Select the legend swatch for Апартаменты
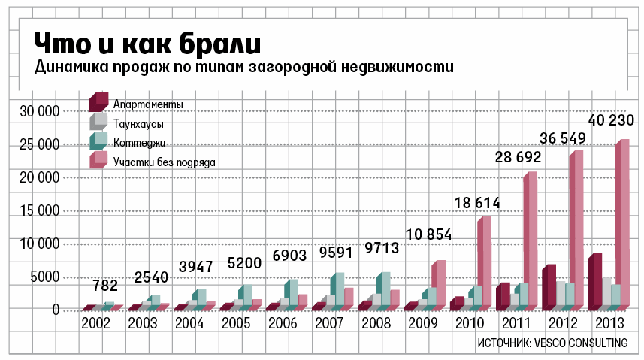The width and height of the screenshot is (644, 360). pyautogui.click(x=98, y=101)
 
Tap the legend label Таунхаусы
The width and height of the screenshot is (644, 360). pyautogui.click(x=139, y=123)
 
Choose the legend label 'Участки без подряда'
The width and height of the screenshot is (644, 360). pyautogui.click(x=165, y=162)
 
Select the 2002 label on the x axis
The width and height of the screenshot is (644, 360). pyautogui.click(x=95, y=325)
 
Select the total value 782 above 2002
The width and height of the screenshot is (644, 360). pyautogui.click(x=104, y=286)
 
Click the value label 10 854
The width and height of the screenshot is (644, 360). pyautogui.click(x=428, y=234)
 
